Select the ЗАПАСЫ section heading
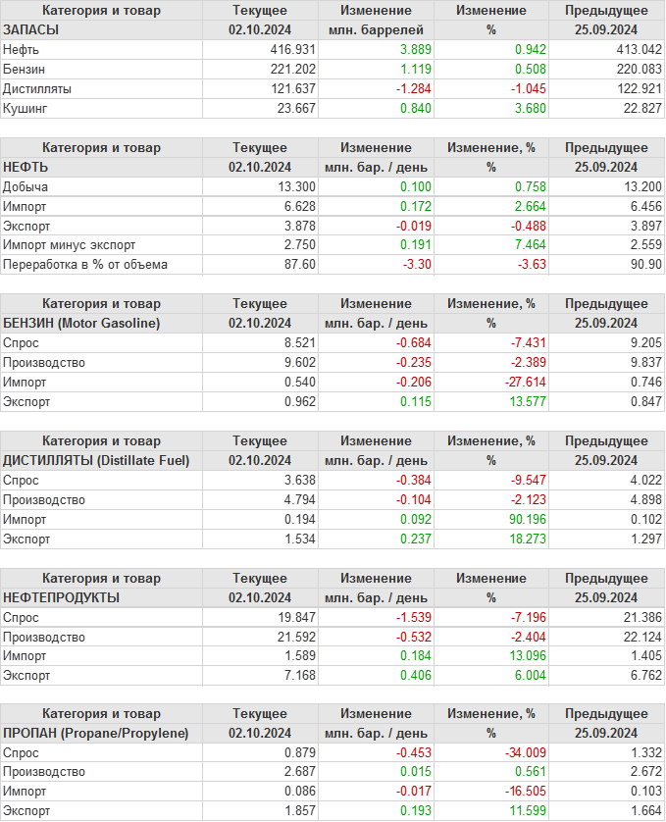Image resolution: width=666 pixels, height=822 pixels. [x=31, y=29]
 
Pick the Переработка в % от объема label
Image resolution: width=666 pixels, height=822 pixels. [x=85, y=264]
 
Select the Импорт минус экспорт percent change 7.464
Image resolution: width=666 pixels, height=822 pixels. [x=526, y=244]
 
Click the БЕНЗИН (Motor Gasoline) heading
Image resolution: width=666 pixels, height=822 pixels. [x=82, y=323]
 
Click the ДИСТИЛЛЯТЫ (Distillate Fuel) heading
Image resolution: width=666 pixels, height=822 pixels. [x=96, y=460]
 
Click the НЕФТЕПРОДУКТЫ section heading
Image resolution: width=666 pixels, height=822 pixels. [x=61, y=597]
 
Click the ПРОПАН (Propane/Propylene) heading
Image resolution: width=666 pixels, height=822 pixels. [x=95, y=733]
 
